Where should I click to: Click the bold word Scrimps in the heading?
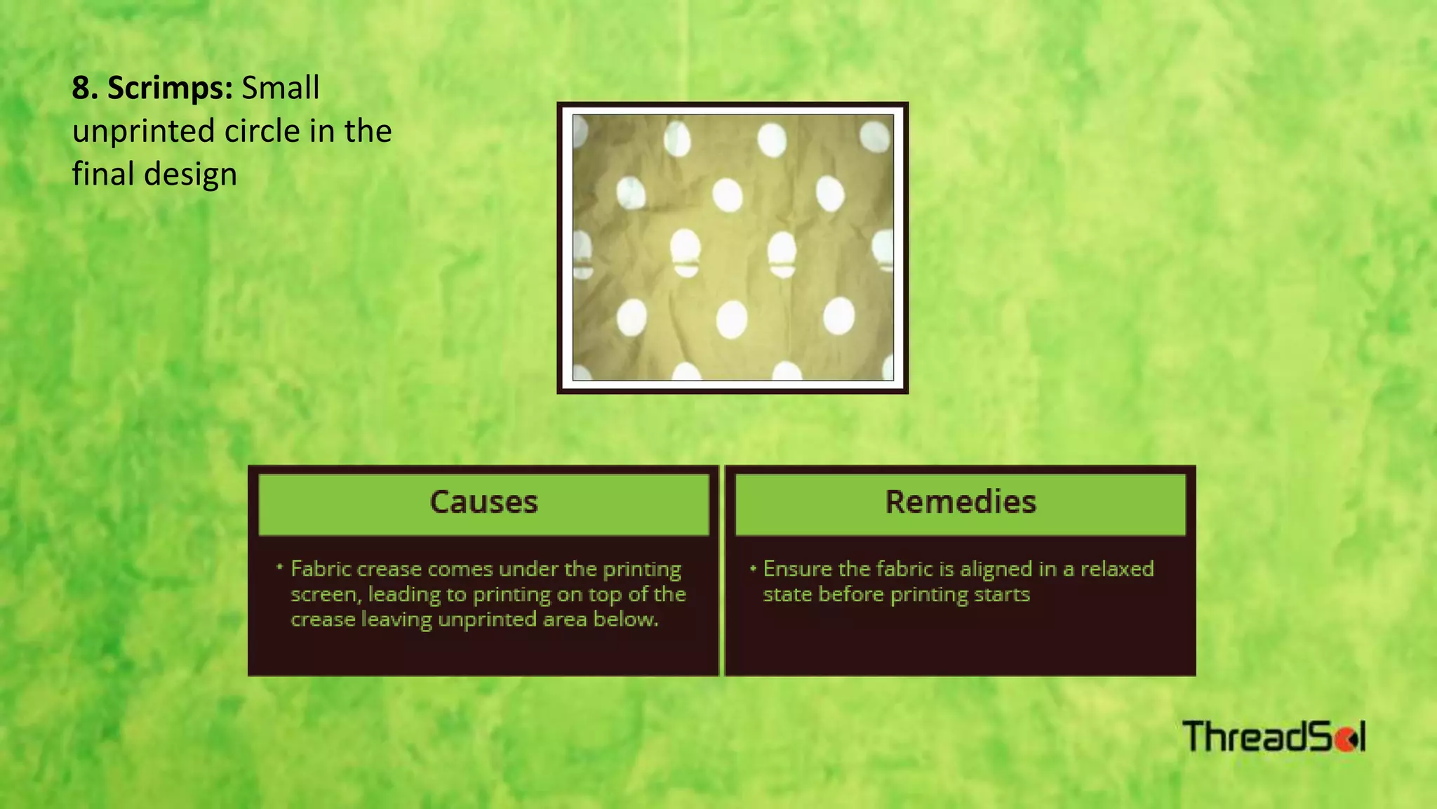pos(169,88)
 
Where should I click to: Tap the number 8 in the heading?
pos(81,88)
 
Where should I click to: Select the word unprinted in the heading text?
pos(143,131)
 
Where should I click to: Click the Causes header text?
pos(483,502)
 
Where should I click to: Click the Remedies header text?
pos(960,502)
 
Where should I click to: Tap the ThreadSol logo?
pos(1274,737)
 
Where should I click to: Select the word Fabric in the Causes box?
pos(321,568)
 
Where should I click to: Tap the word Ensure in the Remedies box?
pos(797,568)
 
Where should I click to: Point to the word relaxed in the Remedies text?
pos(1116,568)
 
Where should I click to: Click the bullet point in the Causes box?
pos(279,567)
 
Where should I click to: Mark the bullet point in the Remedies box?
pos(753,567)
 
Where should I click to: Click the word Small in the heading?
pos(281,88)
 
